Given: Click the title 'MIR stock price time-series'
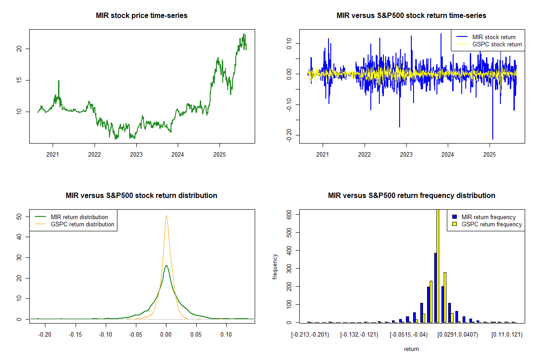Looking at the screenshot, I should point(142,16).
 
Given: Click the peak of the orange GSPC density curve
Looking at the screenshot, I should point(166,216).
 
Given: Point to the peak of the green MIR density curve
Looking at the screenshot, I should point(166,265).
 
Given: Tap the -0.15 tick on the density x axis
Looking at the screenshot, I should point(75,335).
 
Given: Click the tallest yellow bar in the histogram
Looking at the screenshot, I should point(438,265).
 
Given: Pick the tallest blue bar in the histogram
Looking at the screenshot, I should point(435,288).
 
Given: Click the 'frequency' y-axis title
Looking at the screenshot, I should point(275,266).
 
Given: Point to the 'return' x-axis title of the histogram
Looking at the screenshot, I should point(411,349).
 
